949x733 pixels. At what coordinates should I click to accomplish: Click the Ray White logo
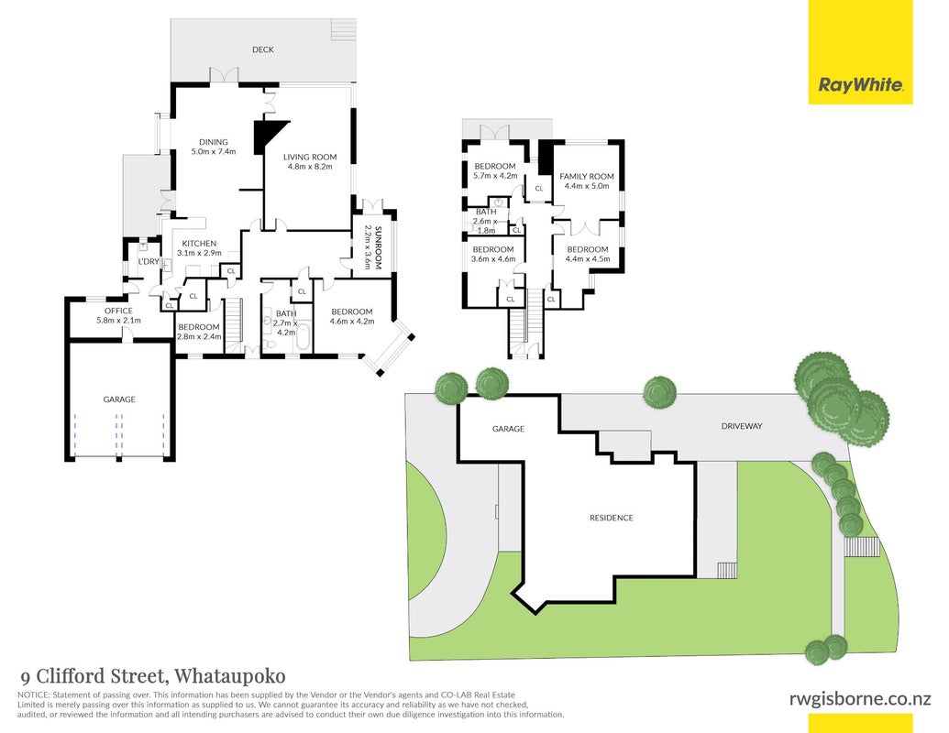[860, 84]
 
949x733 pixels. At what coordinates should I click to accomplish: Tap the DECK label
[262, 49]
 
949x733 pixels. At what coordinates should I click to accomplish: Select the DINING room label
[214, 142]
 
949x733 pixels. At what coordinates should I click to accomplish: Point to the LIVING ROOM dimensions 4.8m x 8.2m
[310, 167]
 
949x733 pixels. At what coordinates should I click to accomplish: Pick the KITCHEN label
[199, 243]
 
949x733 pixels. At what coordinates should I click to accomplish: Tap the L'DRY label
[149, 261]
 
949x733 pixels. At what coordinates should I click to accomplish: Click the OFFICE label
[118, 311]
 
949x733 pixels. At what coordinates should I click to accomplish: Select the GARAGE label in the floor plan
[119, 399]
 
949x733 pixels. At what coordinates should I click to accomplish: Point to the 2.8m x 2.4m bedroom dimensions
[199, 337]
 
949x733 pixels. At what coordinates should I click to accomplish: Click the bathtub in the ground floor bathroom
[303, 336]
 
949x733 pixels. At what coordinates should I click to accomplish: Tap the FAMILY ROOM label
[587, 177]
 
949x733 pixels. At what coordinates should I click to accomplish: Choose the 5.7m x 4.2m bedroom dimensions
[495, 176]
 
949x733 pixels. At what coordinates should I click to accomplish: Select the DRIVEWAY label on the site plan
[742, 426]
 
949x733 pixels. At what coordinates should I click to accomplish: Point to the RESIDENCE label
[612, 518]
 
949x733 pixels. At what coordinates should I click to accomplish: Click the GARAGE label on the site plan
[508, 429]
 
